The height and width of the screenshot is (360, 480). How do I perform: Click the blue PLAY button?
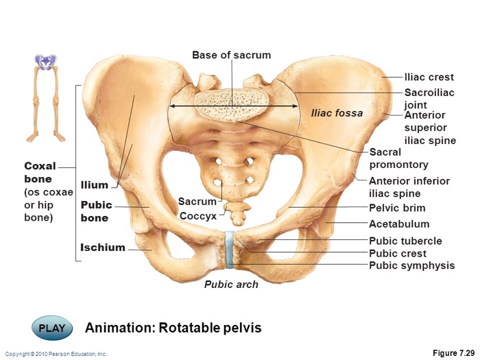click(x=52, y=328)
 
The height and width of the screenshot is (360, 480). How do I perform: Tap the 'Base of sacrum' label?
click(x=232, y=55)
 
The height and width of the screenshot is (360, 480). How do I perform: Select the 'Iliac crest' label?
click(x=429, y=77)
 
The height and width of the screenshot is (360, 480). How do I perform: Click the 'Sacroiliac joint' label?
click(x=429, y=99)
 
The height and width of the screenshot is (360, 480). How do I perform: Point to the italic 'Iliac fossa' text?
click(x=337, y=113)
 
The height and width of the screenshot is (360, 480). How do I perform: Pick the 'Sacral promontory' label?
click(x=398, y=158)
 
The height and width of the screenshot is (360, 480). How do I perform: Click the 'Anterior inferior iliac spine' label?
click(x=409, y=187)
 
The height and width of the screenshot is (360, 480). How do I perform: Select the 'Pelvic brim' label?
click(x=397, y=208)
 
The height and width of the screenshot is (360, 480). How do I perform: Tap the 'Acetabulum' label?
click(x=399, y=224)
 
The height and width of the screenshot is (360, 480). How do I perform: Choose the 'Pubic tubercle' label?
click(x=405, y=241)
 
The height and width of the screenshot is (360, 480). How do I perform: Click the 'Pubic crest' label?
click(x=397, y=254)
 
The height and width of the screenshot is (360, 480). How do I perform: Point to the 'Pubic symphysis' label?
click(x=411, y=265)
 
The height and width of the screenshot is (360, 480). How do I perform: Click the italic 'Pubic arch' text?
click(x=231, y=285)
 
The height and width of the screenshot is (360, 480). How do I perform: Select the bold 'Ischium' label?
click(x=103, y=248)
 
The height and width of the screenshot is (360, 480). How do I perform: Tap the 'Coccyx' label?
click(x=197, y=216)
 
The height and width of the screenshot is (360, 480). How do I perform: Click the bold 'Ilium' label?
click(x=95, y=185)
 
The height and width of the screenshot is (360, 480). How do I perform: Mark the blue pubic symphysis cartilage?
click(x=230, y=250)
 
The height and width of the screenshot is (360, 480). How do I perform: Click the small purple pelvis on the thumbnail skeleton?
click(x=46, y=62)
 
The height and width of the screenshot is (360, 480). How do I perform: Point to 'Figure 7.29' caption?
click(x=453, y=352)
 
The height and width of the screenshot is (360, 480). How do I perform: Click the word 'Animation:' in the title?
click(x=120, y=328)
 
